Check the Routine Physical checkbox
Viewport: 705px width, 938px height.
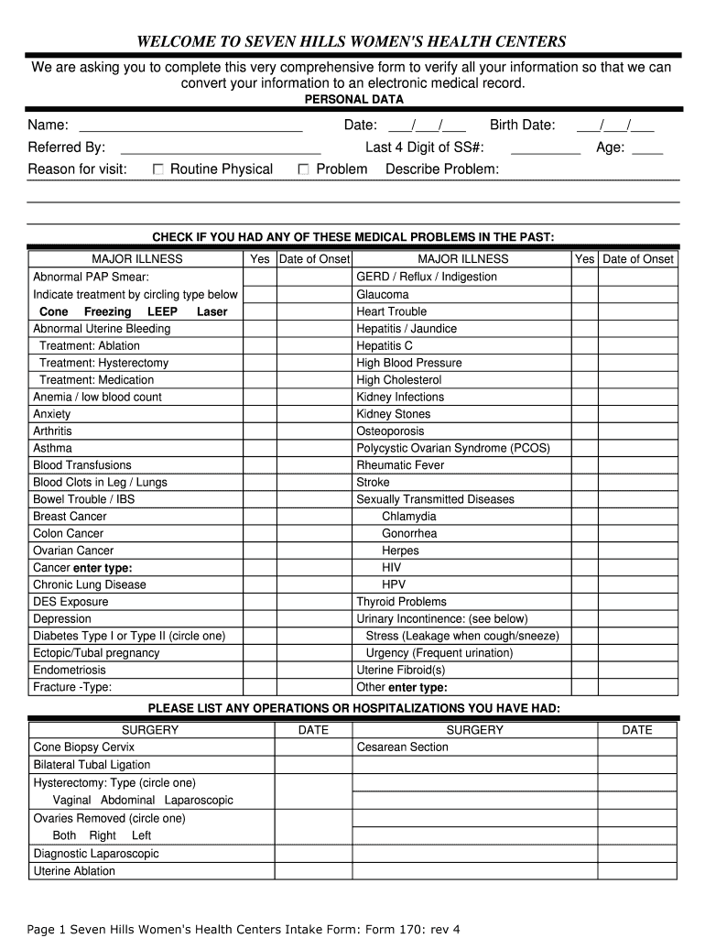point(158,169)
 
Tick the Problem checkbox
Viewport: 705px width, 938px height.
point(304,169)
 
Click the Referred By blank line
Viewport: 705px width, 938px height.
point(220,147)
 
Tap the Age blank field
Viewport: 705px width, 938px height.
point(647,147)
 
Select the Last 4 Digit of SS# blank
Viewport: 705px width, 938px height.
point(545,147)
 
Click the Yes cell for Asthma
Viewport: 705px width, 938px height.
point(260,448)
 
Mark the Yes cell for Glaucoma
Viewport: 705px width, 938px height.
point(585,295)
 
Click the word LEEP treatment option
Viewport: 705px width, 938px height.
point(162,311)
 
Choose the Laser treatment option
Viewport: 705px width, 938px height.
point(211,311)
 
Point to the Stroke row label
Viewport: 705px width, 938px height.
point(373,482)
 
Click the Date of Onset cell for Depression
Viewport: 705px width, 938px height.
point(314,618)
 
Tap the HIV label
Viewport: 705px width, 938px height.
point(392,567)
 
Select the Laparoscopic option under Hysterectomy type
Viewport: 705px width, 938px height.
point(199,800)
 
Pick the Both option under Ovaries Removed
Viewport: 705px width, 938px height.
point(64,835)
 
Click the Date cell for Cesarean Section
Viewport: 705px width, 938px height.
point(636,747)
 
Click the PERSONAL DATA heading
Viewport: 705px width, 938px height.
point(353,99)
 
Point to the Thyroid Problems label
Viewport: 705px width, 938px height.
point(401,602)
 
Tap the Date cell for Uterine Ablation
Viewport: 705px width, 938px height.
point(313,871)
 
